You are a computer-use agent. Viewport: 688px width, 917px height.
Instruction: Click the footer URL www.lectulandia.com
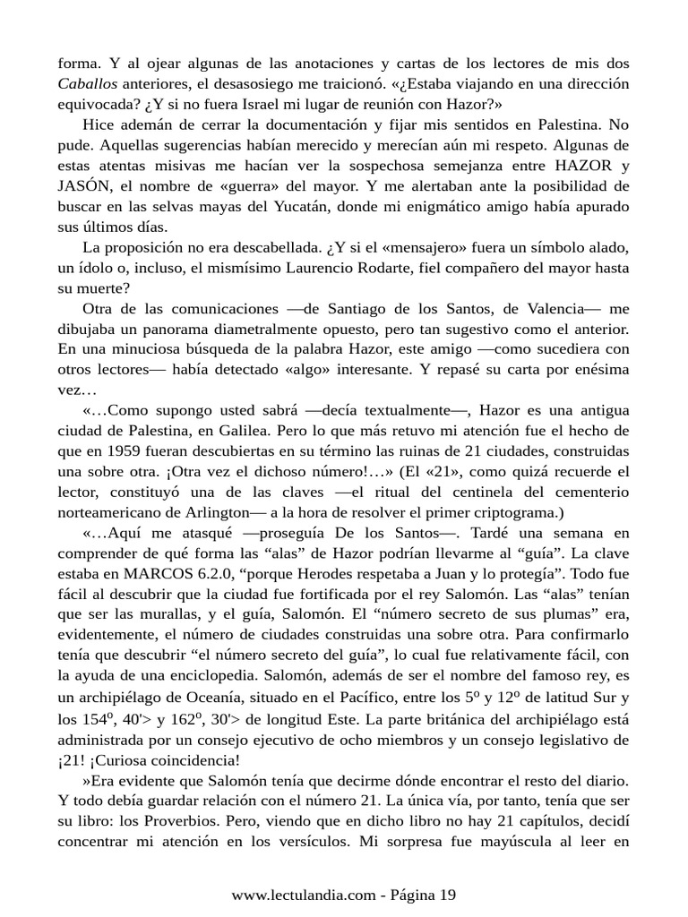pos(302,895)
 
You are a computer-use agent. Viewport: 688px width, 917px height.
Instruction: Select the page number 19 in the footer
pos(448,895)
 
